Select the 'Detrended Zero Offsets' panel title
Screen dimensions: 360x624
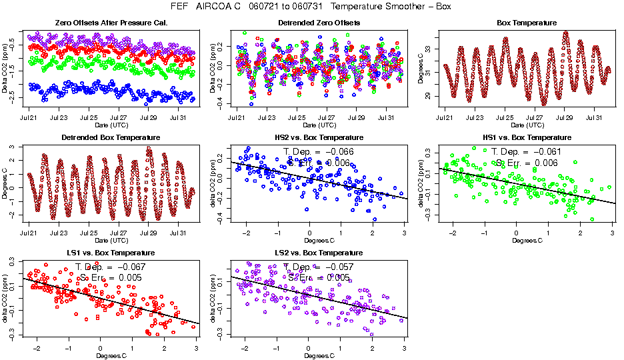(319, 23)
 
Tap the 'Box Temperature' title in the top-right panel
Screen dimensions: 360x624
(527, 23)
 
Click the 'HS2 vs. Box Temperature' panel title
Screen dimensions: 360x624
(319, 138)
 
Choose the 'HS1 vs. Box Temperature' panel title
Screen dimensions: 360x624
(527, 138)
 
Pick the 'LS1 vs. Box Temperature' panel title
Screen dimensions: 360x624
(111, 253)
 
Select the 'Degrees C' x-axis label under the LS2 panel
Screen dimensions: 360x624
(319, 355)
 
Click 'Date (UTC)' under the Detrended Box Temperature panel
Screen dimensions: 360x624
(111, 240)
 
